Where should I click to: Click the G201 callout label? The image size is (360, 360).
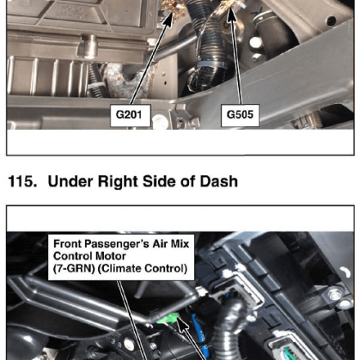(130, 115)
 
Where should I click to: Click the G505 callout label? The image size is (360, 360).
(240, 115)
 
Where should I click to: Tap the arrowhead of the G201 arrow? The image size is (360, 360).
(169, 19)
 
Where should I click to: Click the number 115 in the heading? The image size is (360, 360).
(22, 181)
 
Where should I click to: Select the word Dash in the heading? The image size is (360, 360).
(218, 181)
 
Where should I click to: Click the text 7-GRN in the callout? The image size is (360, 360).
(74, 268)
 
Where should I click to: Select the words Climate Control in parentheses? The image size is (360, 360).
(142, 268)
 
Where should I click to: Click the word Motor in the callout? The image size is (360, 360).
(113, 256)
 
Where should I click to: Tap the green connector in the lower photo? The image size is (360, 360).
(167, 318)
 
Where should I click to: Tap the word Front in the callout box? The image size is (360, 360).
(65, 244)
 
